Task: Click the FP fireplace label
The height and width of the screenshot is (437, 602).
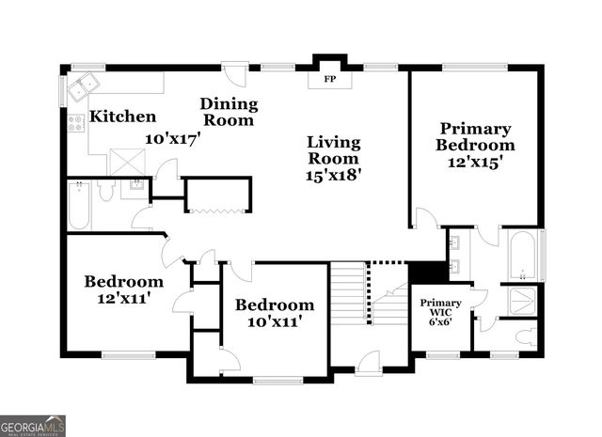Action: coord(330,80)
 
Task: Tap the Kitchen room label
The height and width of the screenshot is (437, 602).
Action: coord(123,117)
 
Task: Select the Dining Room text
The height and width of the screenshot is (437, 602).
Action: coord(229,112)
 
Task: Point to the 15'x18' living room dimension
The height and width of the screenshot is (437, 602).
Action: coord(334,176)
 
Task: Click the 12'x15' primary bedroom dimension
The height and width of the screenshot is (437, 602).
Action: coord(475,163)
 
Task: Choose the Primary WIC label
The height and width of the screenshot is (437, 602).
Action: coord(440,307)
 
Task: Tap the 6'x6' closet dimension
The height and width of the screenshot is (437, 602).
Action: coord(440,321)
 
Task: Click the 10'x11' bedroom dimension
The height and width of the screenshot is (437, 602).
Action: coord(273,321)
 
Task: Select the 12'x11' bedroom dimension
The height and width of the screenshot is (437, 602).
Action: coord(123,298)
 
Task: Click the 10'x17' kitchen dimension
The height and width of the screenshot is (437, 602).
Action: coord(173,138)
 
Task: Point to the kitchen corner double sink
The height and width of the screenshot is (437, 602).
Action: coord(84,86)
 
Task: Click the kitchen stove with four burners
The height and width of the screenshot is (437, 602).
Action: coord(76,123)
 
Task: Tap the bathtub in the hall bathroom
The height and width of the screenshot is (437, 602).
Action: coord(79,206)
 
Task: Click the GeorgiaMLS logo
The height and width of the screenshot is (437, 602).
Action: coord(33,426)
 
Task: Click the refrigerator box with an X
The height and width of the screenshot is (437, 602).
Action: coord(128,162)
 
